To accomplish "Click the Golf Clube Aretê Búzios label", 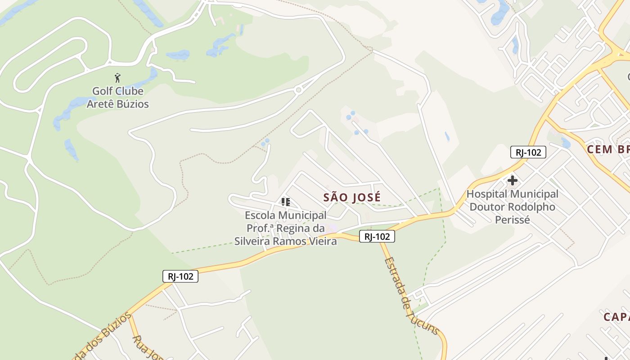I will click(117, 97).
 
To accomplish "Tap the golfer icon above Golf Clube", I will click(117, 78).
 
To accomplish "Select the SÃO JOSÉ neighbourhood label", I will click(352, 197).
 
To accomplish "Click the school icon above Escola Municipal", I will click(285, 202).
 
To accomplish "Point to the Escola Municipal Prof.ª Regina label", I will click(285, 228).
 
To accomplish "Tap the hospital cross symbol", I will click(512, 181).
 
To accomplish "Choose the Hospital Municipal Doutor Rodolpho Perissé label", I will click(512, 207).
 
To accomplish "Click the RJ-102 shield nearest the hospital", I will click(528, 152).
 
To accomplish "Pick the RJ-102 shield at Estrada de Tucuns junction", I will click(377, 236).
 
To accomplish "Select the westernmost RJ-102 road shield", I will click(180, 276).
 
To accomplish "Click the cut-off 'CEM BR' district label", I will click(607, 149).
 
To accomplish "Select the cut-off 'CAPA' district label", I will click(616, 317).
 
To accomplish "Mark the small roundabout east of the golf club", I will click(298, 90).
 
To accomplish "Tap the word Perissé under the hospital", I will click(512, 220).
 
